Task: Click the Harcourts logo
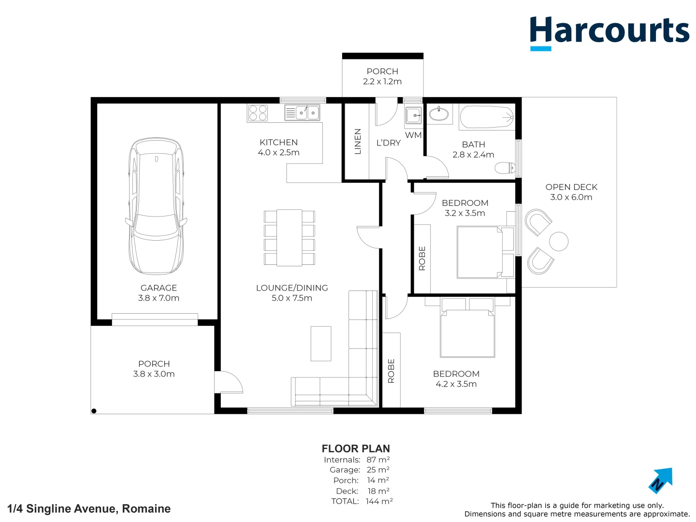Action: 609,32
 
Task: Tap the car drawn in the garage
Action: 156,206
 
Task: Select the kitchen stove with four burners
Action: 258,113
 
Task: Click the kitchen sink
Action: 302,113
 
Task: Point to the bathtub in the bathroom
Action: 486,117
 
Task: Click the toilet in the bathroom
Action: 506,168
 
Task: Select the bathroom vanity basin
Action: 438,115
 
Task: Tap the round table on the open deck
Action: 559,242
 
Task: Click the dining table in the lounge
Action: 289,238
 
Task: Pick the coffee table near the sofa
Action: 321,344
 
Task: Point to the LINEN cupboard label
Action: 358,141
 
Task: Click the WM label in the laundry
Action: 413,135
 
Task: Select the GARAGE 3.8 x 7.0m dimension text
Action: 159,298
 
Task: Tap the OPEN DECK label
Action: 571,187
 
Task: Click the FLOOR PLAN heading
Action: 356,449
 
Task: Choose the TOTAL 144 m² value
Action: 379,502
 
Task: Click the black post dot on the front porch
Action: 94,411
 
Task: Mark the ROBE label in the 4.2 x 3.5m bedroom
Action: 391,371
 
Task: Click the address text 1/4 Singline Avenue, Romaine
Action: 89,508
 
